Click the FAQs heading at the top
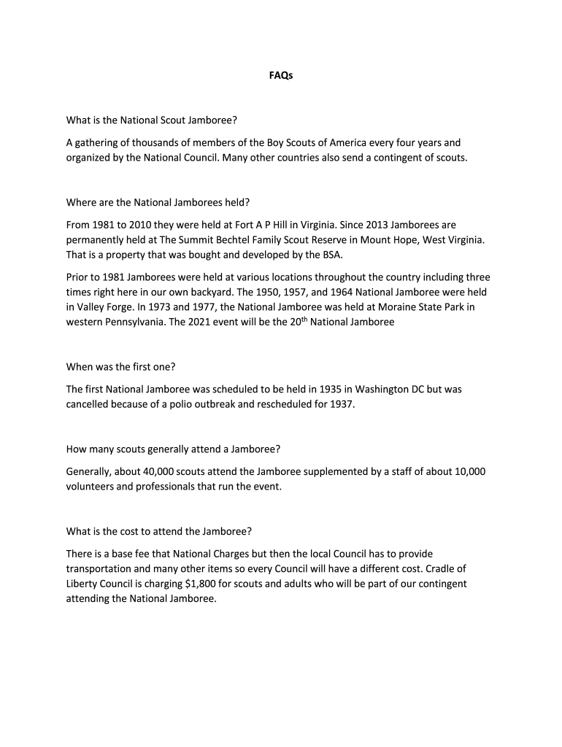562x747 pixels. pyautogui.click(x=281, y=75)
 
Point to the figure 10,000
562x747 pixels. pyautogui.click(x=467, y=471)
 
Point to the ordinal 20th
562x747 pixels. pyautogui.click(x=294, y=320)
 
